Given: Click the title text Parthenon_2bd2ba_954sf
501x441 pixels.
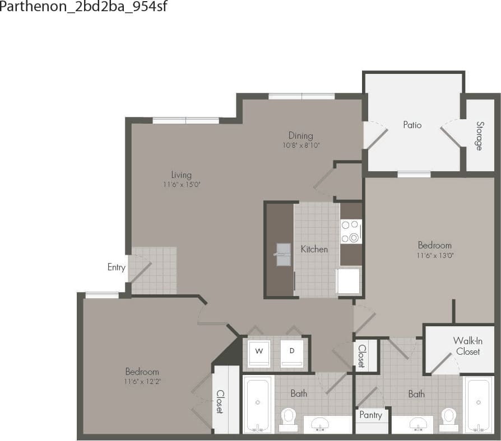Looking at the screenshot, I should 83,7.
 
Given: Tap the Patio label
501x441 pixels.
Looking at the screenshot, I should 412,125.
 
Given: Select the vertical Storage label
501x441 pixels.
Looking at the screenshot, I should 479,135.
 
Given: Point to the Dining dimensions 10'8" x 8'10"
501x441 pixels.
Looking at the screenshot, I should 301,146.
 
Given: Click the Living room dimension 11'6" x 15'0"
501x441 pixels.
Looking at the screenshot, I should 182,185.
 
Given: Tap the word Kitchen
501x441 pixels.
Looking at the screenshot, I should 314,249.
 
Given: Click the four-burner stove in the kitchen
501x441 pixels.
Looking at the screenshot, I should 351,231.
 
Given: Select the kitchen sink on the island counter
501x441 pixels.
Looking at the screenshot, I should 283,254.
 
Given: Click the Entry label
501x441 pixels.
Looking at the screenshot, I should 116,268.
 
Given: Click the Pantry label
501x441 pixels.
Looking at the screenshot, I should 370,415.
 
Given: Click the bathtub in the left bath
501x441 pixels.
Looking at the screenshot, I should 258,403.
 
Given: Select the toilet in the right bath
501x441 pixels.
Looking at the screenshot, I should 448,417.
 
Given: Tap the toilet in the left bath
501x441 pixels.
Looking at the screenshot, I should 288,417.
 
